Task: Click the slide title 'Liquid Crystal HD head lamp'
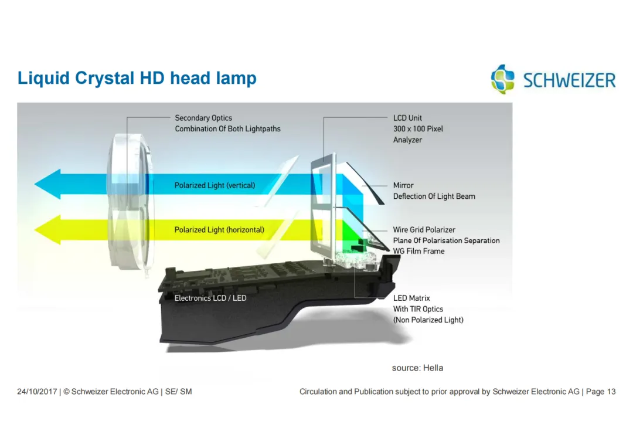pos(137,78)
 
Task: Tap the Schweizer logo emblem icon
pos(502,79)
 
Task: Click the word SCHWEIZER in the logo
pos(569,80)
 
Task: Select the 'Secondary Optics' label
pos(203,118)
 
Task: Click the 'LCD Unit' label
pos(407,118)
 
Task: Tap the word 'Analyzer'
pos(407,140)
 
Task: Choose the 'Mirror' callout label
pos(403,185)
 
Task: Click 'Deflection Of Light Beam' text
pos(434,196)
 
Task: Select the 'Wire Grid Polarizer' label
pos(424,230)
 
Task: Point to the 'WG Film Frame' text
pos(418,251)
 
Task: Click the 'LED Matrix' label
pos(411,298)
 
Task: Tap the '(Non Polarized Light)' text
pos(428,320)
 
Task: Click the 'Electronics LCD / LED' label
pos(210,298)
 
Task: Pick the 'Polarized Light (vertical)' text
pos(215,185)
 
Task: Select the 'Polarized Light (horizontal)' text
pos(219,230)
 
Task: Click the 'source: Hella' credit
pos(417,368)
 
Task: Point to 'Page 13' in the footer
pos(601,392)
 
